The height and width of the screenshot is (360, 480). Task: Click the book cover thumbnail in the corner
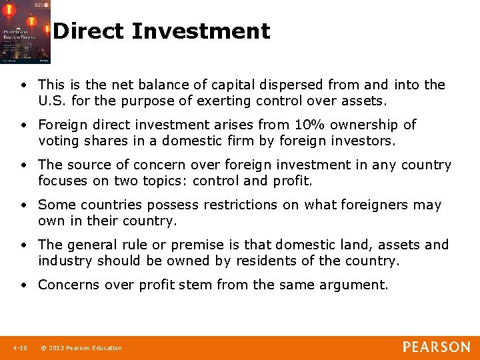point(25,32)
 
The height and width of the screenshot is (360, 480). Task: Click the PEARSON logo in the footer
point(436,347)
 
